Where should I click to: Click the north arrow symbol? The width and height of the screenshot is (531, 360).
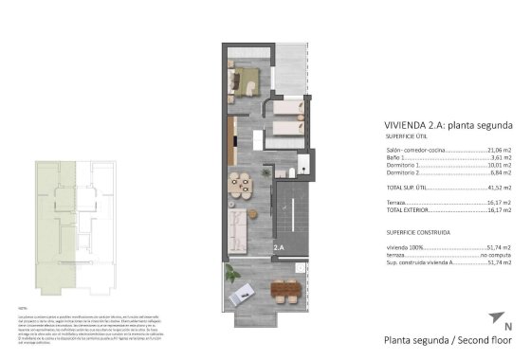click(494, 317)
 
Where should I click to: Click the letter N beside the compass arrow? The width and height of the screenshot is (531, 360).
click(508, 327)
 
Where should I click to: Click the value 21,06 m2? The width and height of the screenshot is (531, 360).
click(499, 150)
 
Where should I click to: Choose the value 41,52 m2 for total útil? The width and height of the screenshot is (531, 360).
click(499, 189)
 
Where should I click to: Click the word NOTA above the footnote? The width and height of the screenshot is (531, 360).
click(23, 309)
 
